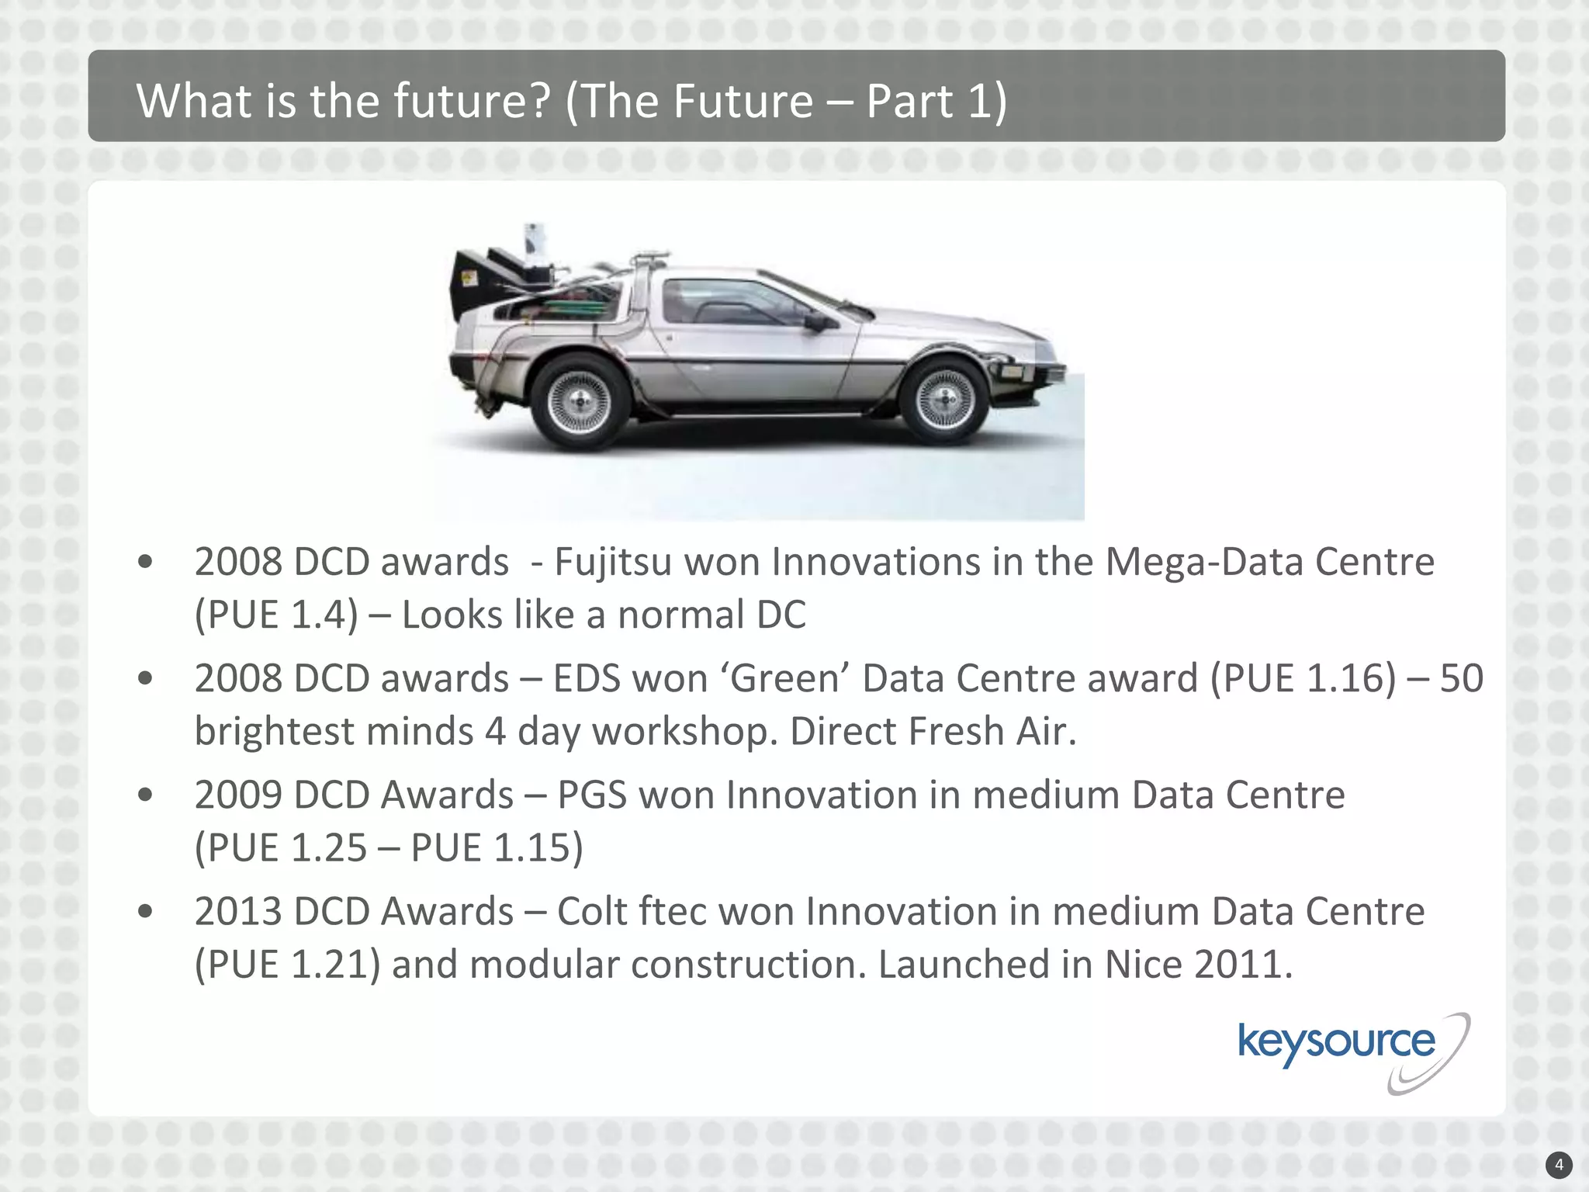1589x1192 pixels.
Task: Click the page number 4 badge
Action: pos(1559,1165)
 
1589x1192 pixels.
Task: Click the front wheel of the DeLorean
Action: pos(945,400)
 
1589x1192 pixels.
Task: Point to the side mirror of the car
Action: pos(816,321)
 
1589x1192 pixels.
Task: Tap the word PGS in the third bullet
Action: pos(592,795)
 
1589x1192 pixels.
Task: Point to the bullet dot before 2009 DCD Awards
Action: pos(145,795)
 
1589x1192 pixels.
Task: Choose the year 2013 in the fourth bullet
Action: pos(237,912)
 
